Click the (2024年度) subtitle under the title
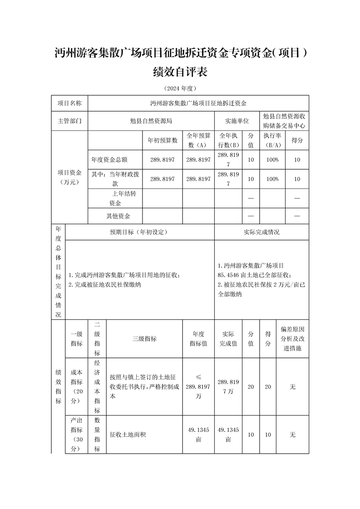click(x=180, y=88)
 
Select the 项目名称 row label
click(x=69, y=103)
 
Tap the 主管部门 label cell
click(x=69, y=121)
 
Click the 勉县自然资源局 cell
click(x=151, y=121)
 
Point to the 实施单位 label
click(x=237, y=121)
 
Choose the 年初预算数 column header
click(x=162, y=141)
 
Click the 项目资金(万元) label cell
click(x=69, y=177)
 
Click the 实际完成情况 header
click(x=261, y=232)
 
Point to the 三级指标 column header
click(x=144, y=338)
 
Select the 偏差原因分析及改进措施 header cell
click(x=292, y=338)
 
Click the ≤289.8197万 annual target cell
click(x=198, y=387)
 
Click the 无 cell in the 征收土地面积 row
click(x=292, y=435)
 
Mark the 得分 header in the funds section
click(x=297, y=141)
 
